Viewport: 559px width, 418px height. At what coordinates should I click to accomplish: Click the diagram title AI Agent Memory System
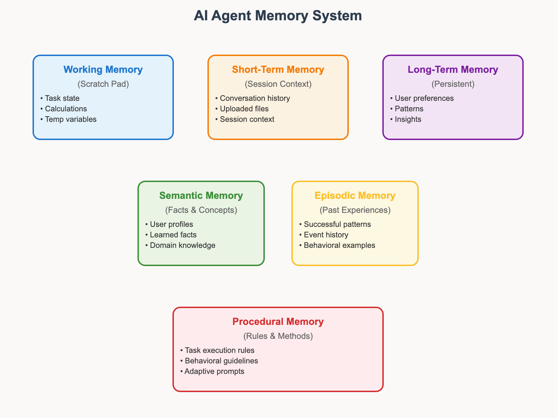(x=278, y=16)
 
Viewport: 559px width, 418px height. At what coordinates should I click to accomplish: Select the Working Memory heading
(x=103, y=69)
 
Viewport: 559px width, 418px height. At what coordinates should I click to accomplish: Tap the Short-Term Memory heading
(x=278, y=69)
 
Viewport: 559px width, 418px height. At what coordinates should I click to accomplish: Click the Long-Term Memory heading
(x=453, y=69)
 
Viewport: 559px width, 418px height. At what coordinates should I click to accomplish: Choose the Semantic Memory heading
(x=201, y=195)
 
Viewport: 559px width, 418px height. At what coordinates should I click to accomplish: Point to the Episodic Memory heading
(x=355, y=195)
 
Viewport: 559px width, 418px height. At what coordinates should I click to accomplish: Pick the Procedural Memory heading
(x=278, y=321)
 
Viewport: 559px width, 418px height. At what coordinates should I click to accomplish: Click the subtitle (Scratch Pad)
(x=103, y=84)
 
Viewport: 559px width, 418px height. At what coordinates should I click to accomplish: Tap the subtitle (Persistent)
(x=453, y=84)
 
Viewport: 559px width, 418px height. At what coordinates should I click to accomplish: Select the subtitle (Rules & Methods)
(x=278, y=336)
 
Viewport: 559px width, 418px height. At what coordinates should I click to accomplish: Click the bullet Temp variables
(x=70, y=119)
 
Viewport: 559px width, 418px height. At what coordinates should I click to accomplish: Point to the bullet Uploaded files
(x=244, y=109)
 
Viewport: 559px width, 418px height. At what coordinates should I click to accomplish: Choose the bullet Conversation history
(x=255, y=98)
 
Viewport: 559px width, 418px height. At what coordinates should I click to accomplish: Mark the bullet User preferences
(x=424, y=98)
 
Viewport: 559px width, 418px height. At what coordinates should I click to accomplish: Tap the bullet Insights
(x=408, y=119)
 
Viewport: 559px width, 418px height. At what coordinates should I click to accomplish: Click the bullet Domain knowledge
(x=182, y=245)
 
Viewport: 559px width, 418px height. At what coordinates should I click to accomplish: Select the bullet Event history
(x=326, y=235)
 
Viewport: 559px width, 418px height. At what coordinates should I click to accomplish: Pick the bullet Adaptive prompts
(x=214, y=371)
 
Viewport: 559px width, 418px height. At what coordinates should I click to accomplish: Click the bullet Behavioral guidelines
(x=221, y=361)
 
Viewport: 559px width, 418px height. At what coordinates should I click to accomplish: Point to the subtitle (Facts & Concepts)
(x=201, y=210)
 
